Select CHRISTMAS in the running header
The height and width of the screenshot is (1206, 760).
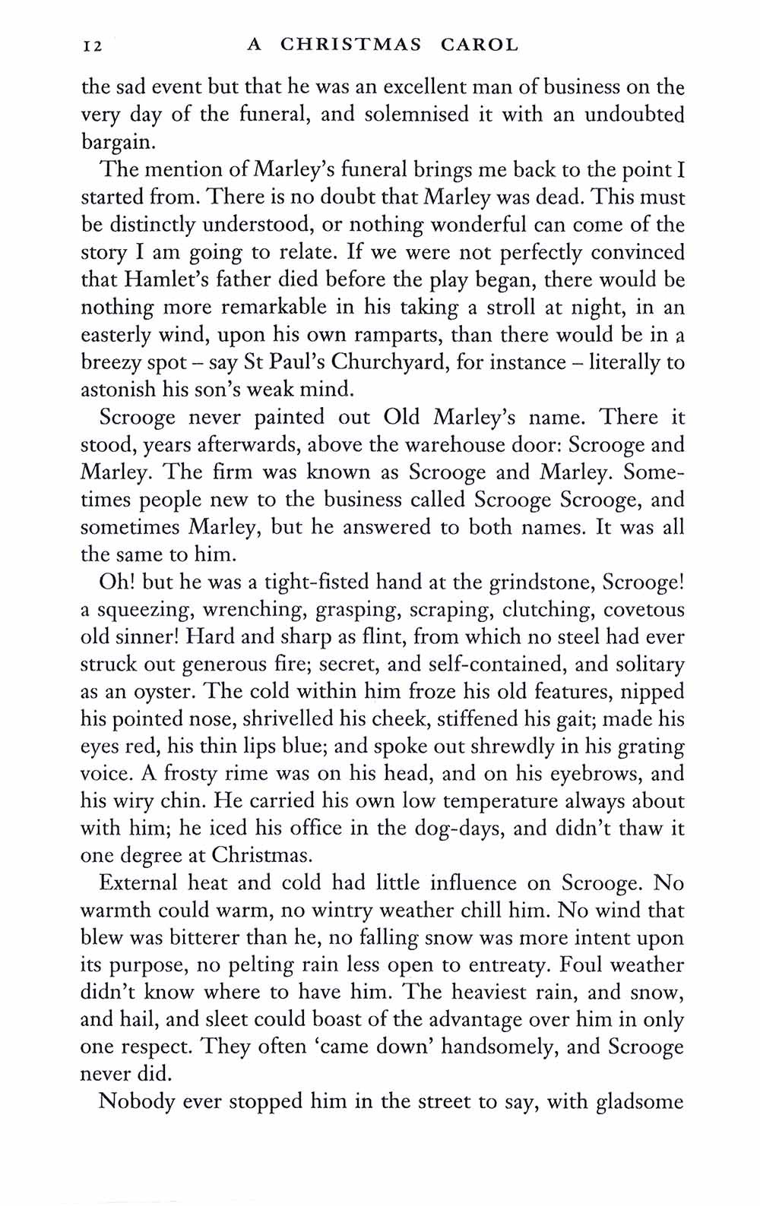[351, 45]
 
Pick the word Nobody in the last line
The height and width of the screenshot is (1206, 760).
[137, 1102]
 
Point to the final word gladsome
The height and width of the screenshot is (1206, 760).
[641, 1102]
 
